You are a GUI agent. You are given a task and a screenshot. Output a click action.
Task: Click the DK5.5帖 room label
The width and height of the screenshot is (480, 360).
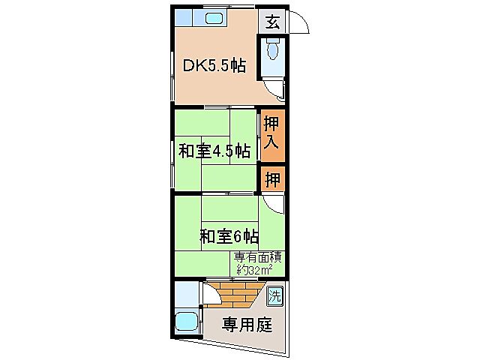(214, 65)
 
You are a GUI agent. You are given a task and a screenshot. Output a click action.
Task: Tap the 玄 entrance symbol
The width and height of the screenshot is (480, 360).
(272, 22)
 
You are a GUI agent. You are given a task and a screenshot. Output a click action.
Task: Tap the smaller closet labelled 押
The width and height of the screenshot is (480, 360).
(273, 179)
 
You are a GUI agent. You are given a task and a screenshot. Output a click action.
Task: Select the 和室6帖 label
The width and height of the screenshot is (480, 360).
(229, 237)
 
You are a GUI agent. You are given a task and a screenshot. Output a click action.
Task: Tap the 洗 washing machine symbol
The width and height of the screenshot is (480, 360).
(275, 295)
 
